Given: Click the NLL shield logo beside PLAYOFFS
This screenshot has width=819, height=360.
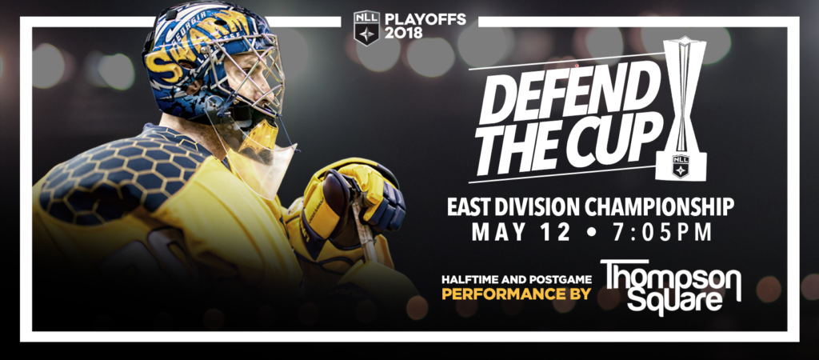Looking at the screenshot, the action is point(366,28).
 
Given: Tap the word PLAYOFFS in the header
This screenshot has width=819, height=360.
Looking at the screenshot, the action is point(425,20).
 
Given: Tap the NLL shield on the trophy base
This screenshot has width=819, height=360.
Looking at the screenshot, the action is point(681,166).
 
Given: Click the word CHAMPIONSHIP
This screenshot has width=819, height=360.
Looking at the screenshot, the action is point(659,206).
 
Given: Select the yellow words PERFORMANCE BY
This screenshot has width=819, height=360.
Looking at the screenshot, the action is point(517,294).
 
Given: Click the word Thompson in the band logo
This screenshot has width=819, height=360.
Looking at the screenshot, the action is point(671,276).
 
